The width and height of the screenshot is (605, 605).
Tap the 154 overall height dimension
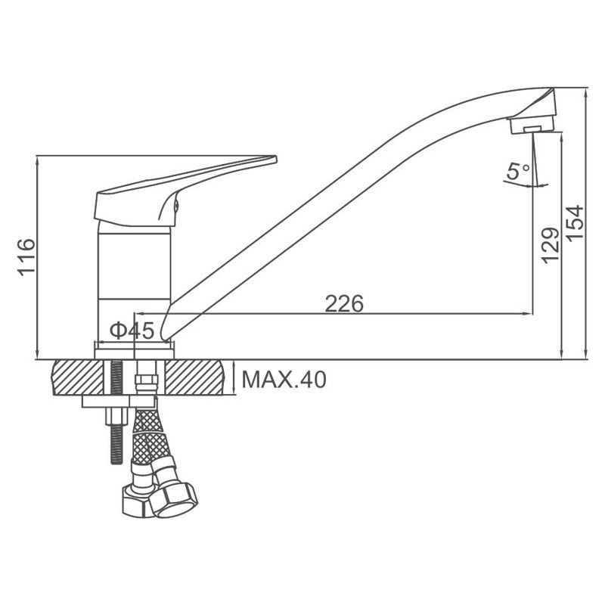click(x=575, y=223)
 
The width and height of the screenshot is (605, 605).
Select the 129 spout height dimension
click(x=551, y=246)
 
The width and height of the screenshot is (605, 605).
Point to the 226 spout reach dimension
click(x=344, y=303)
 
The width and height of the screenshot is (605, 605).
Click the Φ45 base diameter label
click(x=132, y=330)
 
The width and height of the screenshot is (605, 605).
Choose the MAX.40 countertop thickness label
click(x=284, y=380)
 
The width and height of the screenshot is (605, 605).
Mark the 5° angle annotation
click(x=519, y=172)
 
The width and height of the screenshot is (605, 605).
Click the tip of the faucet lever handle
click(x=276, y=159)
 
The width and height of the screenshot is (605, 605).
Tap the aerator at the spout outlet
click(x=532, y=125)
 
